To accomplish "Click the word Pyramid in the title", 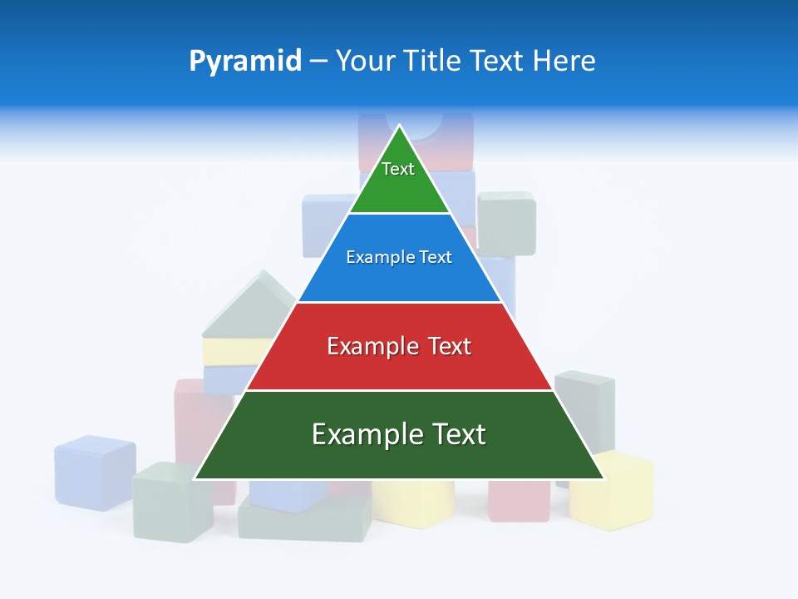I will tap(245, 61).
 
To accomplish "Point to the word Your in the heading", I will tap(363, 61).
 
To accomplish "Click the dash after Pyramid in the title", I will tap(318, 62).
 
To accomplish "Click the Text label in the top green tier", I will tap(398, 169).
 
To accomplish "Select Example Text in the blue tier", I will tap(399, 257).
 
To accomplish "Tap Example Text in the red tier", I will tap(399, 346).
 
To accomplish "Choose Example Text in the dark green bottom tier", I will tap(399, 434).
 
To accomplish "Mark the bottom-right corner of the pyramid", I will tap(603, 478).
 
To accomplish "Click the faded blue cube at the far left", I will tap(95, 472).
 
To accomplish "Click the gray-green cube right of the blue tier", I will tap(506, 223).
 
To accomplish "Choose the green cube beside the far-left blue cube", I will tap(173, 502).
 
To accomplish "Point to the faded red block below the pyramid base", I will tap(518, 501).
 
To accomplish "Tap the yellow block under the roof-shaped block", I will tap(229, 351).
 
